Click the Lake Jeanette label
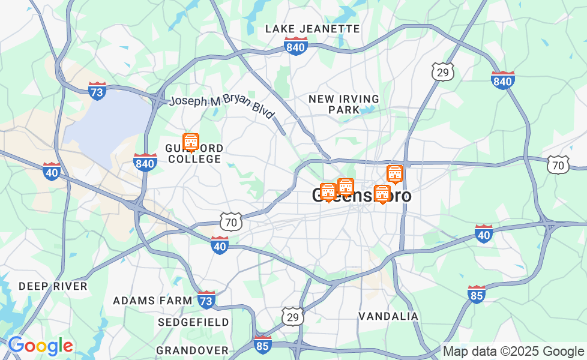coord(312,29)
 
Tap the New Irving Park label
coord(344,104)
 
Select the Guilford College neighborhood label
coord(194,154)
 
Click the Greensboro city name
coord(361,196)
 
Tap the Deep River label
coord(53,286)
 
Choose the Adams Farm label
coord(152,300)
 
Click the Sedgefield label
coord(193,322)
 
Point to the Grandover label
coord(192,350)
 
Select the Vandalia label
coord(388,316)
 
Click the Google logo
coord(40,346)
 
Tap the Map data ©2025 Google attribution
coord(513,352)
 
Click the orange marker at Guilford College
coord(191,142)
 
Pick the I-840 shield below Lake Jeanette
coord(296,46)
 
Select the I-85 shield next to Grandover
coord(262,344)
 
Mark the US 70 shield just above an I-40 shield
coord(231,221)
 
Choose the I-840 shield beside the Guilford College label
coord(145,162)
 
